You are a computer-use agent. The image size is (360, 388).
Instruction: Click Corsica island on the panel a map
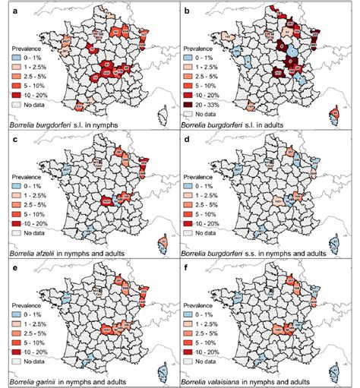pyautogui.click(x=163, y=113)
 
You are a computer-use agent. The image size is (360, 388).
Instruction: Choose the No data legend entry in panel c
pyautogui.click(x=32, y=228)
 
